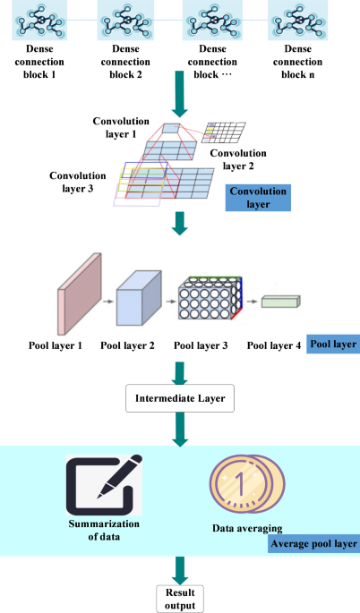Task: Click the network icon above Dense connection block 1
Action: pyautogui.click(x=39, y=20)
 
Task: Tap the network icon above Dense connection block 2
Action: pyautogui.click(x=126, y=20)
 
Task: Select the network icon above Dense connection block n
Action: pyautogui.click(x=297, y=20)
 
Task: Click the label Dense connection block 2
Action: pyautogui.click(x=126, y=61)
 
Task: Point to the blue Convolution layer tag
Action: pyautogui.click(x=259, y=197)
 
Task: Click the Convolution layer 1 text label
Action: pyautogui.click(x=122, y=126)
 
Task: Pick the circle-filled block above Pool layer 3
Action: pyautogui.click(x=212, y=302)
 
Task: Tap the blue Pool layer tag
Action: pyautogui.click(x=333, y=344)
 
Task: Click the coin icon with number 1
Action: pyautogui.click(x=239, y=488)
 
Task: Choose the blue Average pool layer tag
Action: pyautogui.click(x=313, y=543)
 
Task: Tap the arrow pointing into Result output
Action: pyautogui.click(x=180, y=568)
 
